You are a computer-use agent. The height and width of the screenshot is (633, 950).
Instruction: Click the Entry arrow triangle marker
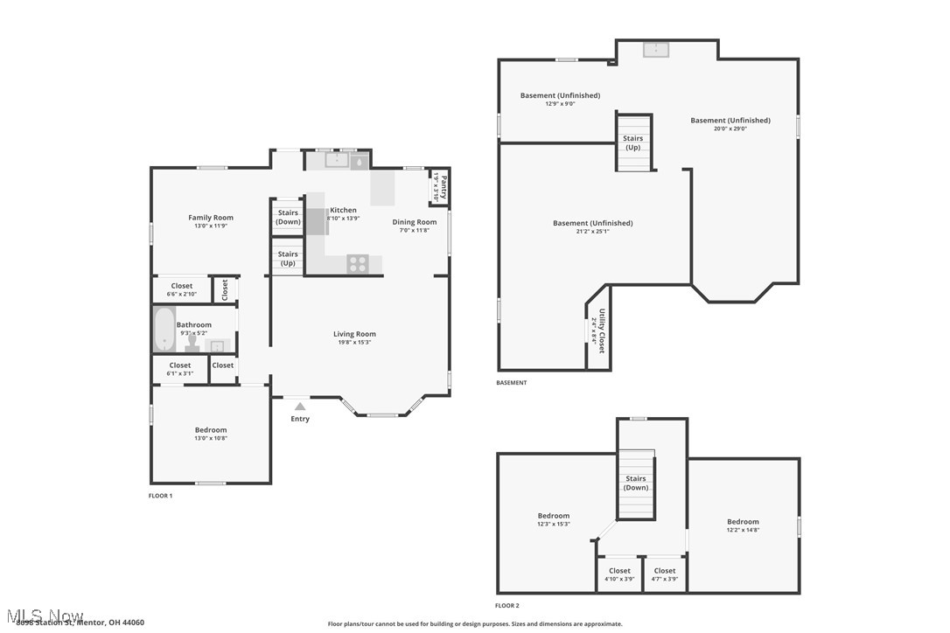tap(300, 406)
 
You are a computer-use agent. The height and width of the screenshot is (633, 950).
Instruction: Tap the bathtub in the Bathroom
tap(164, 329)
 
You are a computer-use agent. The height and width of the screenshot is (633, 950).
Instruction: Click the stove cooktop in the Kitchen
tap(358, 263)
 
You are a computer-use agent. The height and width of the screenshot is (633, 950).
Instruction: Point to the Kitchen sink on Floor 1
tap(336, 160)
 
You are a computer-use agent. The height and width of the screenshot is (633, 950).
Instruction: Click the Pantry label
tap(444, 187)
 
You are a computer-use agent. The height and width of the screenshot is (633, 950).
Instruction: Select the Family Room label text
tap(211, 218)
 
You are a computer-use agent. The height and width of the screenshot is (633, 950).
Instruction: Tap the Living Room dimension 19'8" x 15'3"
tap(354, 342)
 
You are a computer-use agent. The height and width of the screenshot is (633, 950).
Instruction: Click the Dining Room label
tap(414, 222)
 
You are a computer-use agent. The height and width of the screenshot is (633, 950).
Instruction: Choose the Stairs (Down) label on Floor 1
tap(288, 217)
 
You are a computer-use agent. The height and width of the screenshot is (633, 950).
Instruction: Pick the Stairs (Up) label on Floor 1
tap(288, 258)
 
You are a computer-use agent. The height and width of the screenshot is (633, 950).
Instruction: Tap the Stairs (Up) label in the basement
tap(632, 143)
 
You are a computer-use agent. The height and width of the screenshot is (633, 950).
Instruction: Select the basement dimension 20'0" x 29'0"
tap(730, 129)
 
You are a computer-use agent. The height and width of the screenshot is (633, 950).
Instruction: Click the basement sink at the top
tap(656, 50)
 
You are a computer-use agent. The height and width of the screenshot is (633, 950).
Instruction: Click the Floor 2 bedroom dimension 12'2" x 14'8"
tap(743, 530)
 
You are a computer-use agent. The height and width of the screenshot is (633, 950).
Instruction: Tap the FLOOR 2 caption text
tap(507, 605)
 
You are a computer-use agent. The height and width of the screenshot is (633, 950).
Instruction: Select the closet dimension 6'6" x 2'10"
tap(182, 294)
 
